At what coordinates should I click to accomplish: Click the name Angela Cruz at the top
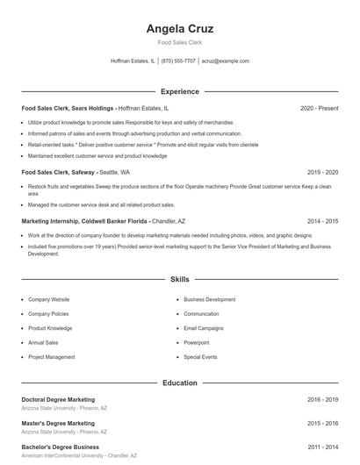coord(179,28)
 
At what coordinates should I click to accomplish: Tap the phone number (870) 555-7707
coord(178,61)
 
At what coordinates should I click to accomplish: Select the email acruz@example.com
coord(225,61)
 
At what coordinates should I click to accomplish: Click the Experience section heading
coord(179,91)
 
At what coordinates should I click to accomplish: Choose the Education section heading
coord(179,383)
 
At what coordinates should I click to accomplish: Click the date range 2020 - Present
coord(319,108)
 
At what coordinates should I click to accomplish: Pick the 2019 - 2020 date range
coord(322,173)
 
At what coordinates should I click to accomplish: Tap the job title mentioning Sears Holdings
coord(68,108)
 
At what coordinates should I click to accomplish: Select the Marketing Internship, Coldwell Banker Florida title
coord(84,221)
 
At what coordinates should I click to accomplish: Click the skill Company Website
coord(49,299)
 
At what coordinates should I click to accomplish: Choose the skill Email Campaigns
coord(204,328)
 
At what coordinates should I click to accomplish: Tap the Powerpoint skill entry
coord(197,342)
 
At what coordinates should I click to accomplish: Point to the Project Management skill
coord(52,357)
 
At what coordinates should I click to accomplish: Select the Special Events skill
coord(200,357)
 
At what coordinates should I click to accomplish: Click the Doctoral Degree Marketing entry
coord(58,399)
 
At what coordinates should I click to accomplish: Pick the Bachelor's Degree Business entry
coord(60,447)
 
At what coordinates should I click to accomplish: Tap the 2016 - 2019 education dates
coord(322,399)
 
